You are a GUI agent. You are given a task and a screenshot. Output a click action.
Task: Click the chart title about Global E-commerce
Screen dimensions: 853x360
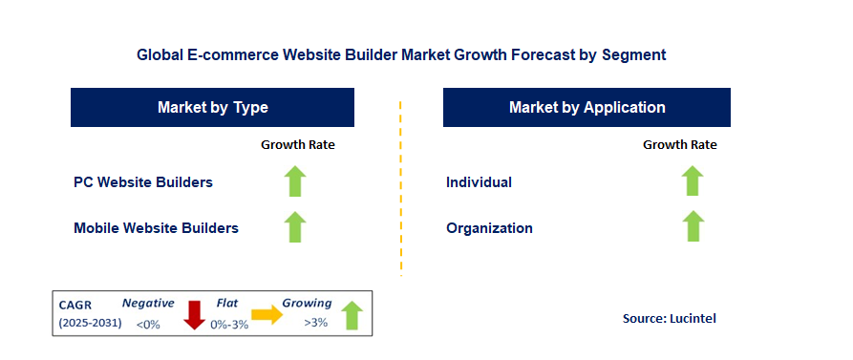pyautogui.click(x=401, y=55)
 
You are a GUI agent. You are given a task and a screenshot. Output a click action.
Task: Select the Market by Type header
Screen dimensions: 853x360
pyautogui.click(x=212, y=107)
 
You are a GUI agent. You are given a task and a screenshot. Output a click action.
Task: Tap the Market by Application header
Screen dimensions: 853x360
pyautogui.click(x=586, y=107)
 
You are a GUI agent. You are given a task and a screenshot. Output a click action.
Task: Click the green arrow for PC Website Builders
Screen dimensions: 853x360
pyautogui.click(x=295, y=181)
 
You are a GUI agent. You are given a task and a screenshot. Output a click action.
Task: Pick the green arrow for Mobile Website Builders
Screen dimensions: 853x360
pyautogui.click(x=295, y=226)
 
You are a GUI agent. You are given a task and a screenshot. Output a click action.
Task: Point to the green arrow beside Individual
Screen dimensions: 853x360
pyautogui.click(x=692, y=181)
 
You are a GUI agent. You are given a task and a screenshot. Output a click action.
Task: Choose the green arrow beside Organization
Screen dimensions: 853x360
pyautogui.click(x=693, y=226)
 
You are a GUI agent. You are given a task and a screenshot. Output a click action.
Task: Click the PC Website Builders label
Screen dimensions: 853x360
pyautogui.click(x=143, y=182)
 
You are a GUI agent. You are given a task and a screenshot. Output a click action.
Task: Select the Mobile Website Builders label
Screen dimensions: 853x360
pyautogui.click(x=156, y=228)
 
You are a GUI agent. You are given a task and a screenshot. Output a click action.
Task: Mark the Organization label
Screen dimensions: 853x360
pyautogui.click(x=489, y=228)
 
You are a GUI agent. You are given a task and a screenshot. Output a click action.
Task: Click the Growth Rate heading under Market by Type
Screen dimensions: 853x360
pyautogui.click(x=298, y=144)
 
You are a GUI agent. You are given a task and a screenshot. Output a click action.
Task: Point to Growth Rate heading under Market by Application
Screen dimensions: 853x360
pyautogui.click(x=679, y=144)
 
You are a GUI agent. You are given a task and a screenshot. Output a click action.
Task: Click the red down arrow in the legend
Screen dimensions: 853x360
pyautogui.click(x=194, y=315)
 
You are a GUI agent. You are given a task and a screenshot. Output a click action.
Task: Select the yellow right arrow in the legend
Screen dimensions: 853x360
pyautogui.click(x=267, y=315)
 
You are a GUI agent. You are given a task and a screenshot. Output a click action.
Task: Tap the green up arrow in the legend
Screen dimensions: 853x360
pyautogui.click(x=352, y=315)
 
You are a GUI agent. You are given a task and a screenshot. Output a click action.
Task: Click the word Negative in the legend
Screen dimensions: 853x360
pyautogui.click(x=148, y=304)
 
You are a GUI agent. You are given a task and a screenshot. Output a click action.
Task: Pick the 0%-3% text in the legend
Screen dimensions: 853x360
pyautogui.click(x=229, y=325)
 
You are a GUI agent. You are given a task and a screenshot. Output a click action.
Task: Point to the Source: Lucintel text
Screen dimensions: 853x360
pyautogui.click(x=670, y=319)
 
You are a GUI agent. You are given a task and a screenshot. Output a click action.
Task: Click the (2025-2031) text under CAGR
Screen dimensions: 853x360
pyautogui.click(x=91, y=323)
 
